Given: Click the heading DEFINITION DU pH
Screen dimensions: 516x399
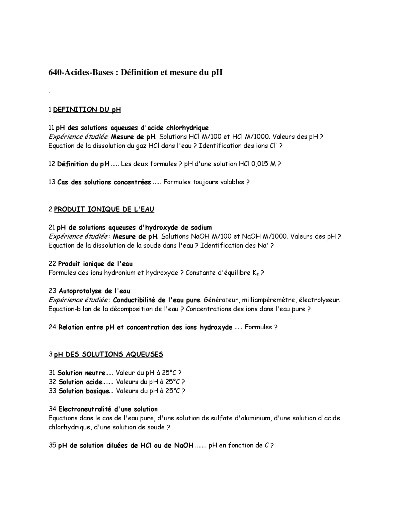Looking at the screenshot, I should pos(87,110).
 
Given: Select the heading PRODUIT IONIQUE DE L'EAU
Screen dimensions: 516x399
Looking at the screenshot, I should pos(104,209).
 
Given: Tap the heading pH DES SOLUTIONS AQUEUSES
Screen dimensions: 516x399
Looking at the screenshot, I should pos(108,355).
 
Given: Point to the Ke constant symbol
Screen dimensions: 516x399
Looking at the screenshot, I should pos(256,273).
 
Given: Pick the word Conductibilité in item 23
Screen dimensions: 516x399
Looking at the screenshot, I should pos(134,300).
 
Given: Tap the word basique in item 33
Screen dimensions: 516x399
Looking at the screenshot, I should pos(97,391).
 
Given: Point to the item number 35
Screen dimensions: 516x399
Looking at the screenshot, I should pos(52,446).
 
